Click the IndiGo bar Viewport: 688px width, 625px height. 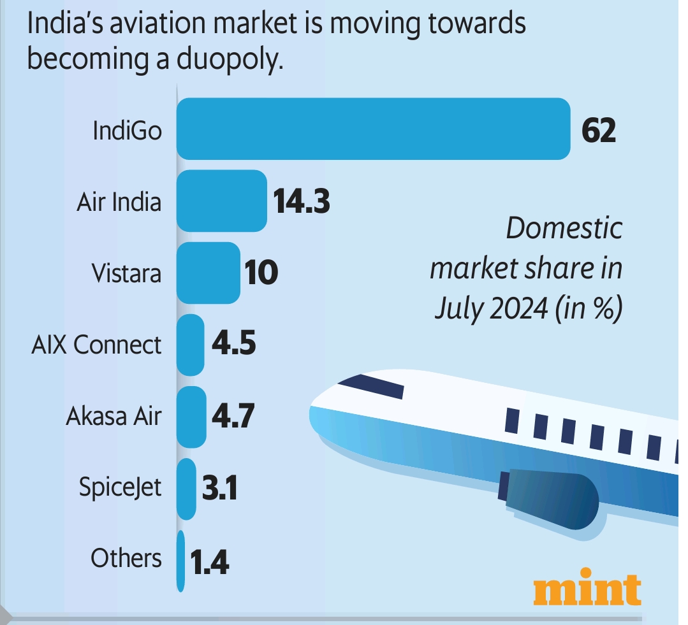[x=373, y=129]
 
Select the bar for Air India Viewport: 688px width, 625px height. [x=221, y=201]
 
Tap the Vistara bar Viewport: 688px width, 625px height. [x=208, y=273]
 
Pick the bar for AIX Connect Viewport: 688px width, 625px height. [x=190, y=345]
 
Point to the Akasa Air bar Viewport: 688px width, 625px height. [x=191, y=417]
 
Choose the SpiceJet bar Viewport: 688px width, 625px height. [x=186, y=489]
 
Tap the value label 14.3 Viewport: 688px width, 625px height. [x=301, y=201]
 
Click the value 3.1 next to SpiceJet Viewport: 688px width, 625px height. [x=219, y=489]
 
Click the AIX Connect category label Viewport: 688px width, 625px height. [x=96, y=345]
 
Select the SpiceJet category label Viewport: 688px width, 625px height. [x=120, y=489]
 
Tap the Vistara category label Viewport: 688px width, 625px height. [x=126, y=273]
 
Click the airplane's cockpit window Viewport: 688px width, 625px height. [x=371, y=385]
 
